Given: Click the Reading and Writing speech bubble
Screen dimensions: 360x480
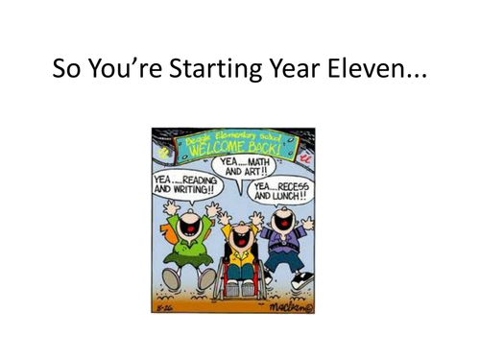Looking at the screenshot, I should tap(183, 183).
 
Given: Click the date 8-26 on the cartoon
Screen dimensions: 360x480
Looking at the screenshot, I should tap(166, 306).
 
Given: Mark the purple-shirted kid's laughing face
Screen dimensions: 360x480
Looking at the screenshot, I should tap(283, 223).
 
